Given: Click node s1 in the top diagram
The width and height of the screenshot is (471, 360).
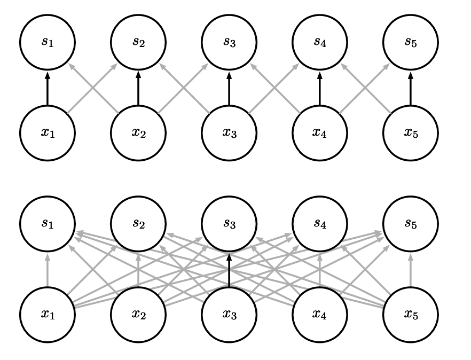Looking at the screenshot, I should (x=48, y=42).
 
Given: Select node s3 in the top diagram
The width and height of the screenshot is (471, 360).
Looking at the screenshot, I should (x=229, y=42).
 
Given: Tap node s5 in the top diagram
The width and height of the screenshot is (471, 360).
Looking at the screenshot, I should (x=411, y=42).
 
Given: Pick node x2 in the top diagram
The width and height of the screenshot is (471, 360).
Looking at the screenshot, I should (x=138, y=132).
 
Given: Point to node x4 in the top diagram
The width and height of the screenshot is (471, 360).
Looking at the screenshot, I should (x=320, y=132).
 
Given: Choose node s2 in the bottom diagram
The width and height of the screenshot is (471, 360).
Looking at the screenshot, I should (x=138, y=223).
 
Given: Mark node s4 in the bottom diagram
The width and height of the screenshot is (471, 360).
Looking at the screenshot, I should (x=320, y=223).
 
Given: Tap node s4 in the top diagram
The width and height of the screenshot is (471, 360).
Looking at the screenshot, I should (x=320, y=42).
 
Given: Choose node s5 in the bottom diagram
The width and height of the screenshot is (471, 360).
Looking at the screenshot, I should (x=411, y=223).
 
